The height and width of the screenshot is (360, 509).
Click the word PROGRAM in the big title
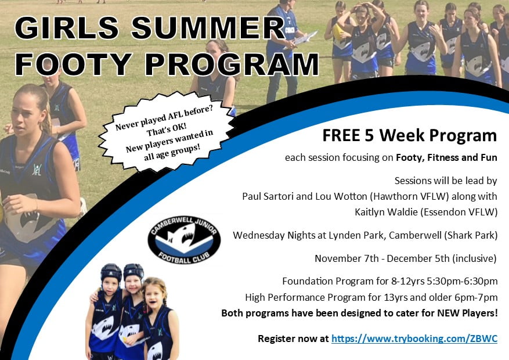(x=232, y=64)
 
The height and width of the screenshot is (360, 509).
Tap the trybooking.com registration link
(x=414, y=339)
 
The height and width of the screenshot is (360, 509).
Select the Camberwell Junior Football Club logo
(x=184, y=240)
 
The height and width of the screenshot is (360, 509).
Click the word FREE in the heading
(x=341, y=135)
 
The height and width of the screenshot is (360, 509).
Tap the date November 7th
(x=346, y=258)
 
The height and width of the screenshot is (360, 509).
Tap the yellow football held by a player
(x=338, y=32)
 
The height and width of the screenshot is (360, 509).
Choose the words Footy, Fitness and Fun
(x=446, y=158)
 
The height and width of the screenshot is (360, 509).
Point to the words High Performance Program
(x=305, y=297)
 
